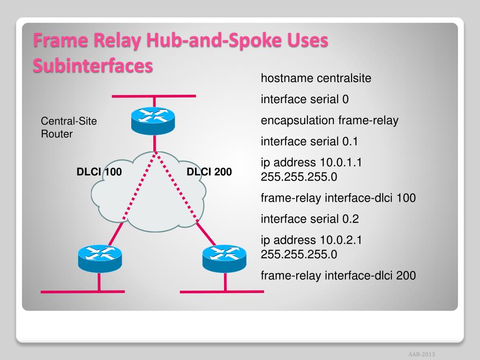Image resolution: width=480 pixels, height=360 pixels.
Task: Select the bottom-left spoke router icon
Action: pos(99,258)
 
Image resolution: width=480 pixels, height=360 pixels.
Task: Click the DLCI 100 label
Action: pos(99,172)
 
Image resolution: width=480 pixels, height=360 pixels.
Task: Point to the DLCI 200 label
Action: pos(209,172)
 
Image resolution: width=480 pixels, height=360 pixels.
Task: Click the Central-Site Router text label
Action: pos(69,127)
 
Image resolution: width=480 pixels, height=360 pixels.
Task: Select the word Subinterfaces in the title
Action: pos(93,66)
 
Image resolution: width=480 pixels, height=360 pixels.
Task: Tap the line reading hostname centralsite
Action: pos(315,78)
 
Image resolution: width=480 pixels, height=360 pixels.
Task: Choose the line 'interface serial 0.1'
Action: pos(309,142)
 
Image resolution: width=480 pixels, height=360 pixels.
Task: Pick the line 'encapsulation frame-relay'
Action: pos(329,120)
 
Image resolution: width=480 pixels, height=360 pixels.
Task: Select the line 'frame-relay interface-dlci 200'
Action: pos(338,275)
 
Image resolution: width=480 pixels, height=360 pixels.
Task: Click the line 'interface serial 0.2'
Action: pos(309,219)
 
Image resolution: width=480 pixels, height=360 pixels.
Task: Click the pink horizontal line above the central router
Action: pos(153,96)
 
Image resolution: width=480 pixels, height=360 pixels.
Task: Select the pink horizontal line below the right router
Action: pos(222,291)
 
